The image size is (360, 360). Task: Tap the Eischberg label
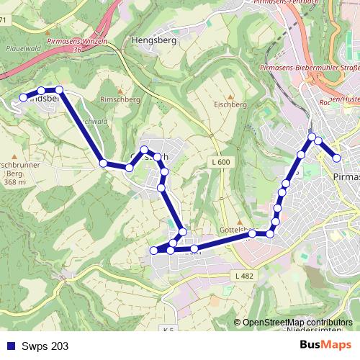click(x=230, y=104)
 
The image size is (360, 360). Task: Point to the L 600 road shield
click(x=221, y=163)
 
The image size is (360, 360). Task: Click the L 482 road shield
click(x=243, y=276)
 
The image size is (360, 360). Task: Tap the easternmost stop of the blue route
click(x=336, y=158)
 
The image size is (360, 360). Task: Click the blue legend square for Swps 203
click(x=9, y=346)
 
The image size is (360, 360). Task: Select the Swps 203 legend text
click(x=45, y=346)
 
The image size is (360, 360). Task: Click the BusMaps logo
click(x=325, y=345)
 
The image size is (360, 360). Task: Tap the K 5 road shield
click(x=168, y=330)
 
